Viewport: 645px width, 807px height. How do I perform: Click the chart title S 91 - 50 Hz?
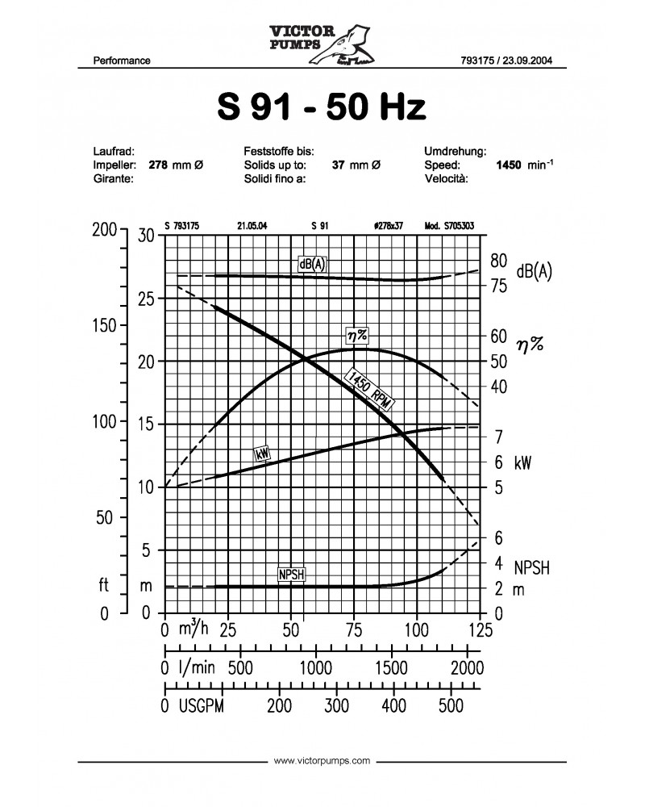click(x=321, y=107)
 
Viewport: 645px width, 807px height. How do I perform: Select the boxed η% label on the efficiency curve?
click(x=356, y=333)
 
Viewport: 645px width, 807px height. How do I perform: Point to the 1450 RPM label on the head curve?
click(x=372, y=391)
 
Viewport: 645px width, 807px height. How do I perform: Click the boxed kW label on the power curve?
click(x=261, y=454)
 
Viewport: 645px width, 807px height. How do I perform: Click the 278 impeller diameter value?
click(x=158, y=165)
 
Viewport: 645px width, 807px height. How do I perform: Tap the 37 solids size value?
click(x=339, y=165)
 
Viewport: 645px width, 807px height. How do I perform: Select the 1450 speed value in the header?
click(x=511, y=165)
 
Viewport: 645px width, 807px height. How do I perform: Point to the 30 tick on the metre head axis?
click(x=146, y=236)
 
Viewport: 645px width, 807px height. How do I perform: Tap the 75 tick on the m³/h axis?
click(x=353, y=629)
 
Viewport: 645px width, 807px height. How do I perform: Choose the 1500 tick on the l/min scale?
click(x=391, y=668)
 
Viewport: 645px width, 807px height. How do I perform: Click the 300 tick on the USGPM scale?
click(x=336, y=706)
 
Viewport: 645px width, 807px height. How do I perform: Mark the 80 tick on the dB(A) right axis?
click(x=497, y=261)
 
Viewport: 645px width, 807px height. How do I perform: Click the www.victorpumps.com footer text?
click(x=322, y=760)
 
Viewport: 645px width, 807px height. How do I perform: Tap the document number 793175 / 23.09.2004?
click(x=506, y=61)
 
